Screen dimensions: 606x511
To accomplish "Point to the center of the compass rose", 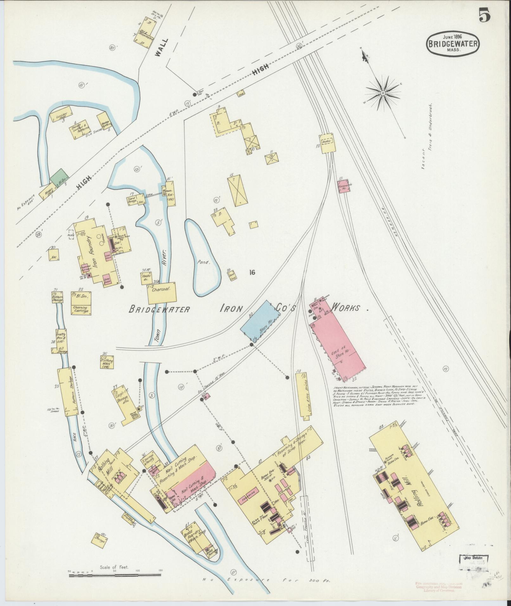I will click(x=383, y=92).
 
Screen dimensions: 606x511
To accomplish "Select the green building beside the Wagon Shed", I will click(x=59, y=176).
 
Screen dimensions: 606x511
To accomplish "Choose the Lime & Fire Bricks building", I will click(x=302, y=396).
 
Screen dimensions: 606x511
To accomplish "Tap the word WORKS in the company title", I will click(x=346, y=308).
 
